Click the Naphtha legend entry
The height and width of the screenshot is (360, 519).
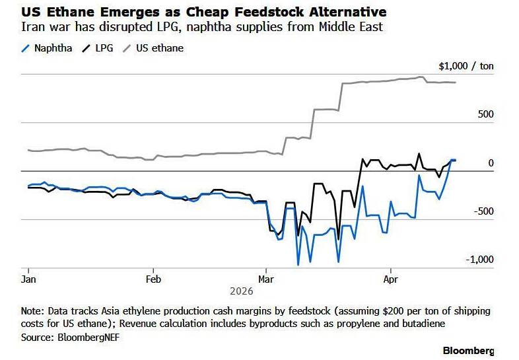(53, 48)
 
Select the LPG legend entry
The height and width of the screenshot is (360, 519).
(106, 48)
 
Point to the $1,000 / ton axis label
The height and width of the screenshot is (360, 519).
(466, 66)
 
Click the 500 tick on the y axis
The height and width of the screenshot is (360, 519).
(485, 114)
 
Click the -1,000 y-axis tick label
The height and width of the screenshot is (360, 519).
(479, 259)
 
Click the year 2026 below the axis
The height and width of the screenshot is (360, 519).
(242, 291)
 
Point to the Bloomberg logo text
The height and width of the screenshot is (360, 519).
(467, 350)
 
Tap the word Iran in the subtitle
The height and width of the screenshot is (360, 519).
(32, 28)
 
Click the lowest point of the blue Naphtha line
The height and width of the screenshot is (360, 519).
(298, 265)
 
